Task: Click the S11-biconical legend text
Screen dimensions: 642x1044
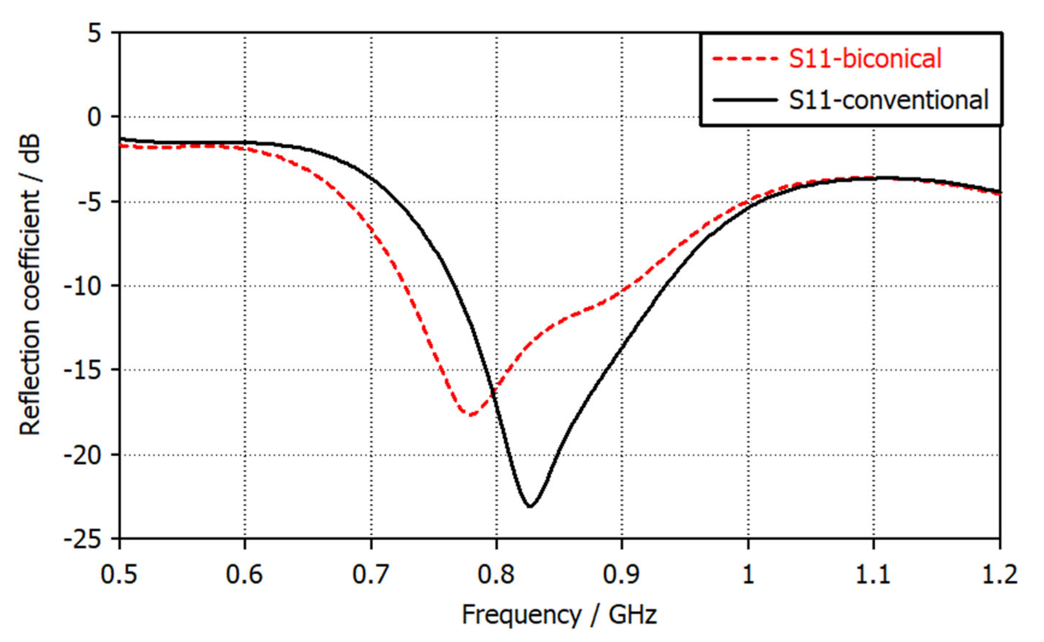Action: [x=865, y=58]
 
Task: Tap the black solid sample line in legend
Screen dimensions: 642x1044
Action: [x=744, y=100]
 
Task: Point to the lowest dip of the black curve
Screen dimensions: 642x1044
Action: [x=530, y=506]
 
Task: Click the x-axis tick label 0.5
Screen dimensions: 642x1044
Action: [x=118, y=574]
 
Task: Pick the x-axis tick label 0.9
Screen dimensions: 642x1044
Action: [x=621, y=574]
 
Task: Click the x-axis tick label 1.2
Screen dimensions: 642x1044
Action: [x=999, y=574]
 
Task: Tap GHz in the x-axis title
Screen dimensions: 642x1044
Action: [x=633, y=614]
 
